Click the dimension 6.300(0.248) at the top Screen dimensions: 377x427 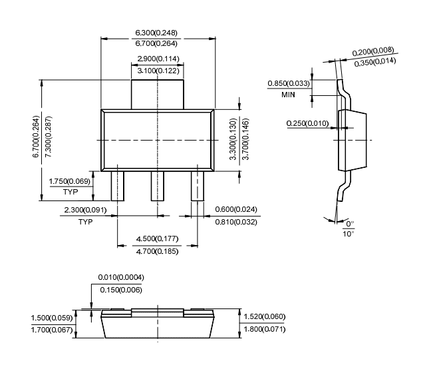[x=158, y=33]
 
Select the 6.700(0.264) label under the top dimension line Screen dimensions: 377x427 [x=158, y=43]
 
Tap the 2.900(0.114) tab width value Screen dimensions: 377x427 [x=158, y=59]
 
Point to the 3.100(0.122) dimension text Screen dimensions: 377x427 [x=158, y=70]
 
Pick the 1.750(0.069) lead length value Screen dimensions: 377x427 [x=69, y=181]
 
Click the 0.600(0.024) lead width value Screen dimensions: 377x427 [x=235, y=210]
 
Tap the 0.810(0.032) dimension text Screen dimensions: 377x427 [x=235, y=222]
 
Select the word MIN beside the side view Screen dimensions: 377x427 [x=287, y=95]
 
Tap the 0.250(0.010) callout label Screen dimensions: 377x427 [x=307, y=123]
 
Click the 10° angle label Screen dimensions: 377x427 [x=349, y=234]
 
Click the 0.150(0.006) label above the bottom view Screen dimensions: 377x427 [x=120, y=289]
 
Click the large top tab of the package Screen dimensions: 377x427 [x=158, y=94]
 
